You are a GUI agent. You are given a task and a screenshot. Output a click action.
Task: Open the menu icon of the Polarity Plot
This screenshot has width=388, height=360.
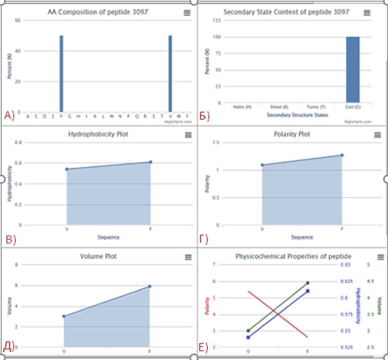click(x=377, y=135)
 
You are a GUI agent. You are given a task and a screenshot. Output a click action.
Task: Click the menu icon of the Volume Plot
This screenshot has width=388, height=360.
click(x=188, y=257)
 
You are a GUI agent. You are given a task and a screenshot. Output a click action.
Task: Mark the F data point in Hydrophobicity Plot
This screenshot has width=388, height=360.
click(x=151, y=162)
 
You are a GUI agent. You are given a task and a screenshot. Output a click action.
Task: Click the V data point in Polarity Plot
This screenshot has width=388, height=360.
click(x=262, y=165)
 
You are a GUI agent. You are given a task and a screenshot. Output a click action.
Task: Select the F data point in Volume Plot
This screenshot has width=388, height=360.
click(x=149, y=286)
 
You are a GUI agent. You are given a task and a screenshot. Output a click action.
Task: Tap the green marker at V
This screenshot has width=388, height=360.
click(x=248, y=331)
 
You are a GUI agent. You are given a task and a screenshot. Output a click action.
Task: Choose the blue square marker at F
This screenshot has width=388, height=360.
click(x=308, y=291)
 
